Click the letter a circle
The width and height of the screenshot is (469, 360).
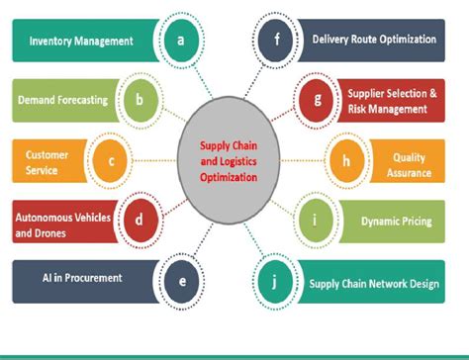click(x=179, y=41)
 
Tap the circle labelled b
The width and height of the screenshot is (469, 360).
click(x=140, y=99)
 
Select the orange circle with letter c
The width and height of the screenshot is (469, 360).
click(x=112, y=159)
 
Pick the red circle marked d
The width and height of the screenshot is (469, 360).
click(x=140, y=219)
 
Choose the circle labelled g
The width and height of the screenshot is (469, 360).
click(x=317, y=99)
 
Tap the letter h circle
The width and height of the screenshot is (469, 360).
click(x=346, y=159)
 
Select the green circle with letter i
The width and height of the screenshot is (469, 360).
click(x=317, y=220)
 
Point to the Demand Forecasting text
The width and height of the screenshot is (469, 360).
click(x=61, y=100)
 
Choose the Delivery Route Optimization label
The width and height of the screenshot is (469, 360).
click(x=373, y=41)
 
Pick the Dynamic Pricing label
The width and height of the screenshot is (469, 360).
click(x=396, y=222)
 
